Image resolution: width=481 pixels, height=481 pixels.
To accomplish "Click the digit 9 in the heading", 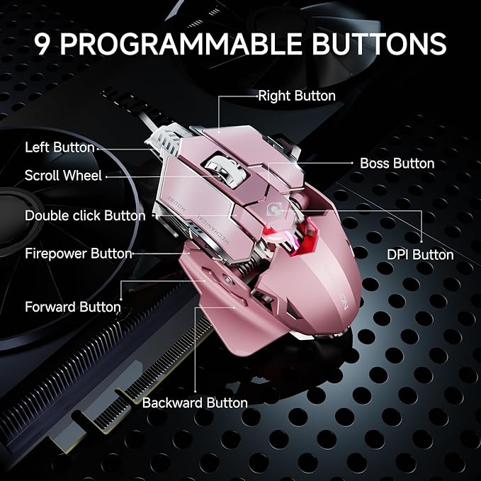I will [44, 44].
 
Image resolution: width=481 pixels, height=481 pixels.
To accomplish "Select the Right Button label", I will [297, 95].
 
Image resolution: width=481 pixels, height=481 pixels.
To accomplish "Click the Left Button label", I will [60, 147].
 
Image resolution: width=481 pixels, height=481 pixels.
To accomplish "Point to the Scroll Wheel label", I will [63, 175].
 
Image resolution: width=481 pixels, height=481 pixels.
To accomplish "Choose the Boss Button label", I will [397, 163].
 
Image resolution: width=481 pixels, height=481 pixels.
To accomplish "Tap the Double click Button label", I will [85, 215].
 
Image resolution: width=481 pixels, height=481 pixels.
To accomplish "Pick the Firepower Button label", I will [79, 253].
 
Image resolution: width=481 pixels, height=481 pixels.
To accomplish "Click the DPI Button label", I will [420, 254].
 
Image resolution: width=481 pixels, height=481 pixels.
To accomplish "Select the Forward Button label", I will [73, 307].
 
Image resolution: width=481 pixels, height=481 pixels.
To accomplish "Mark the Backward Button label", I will [195, 402].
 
